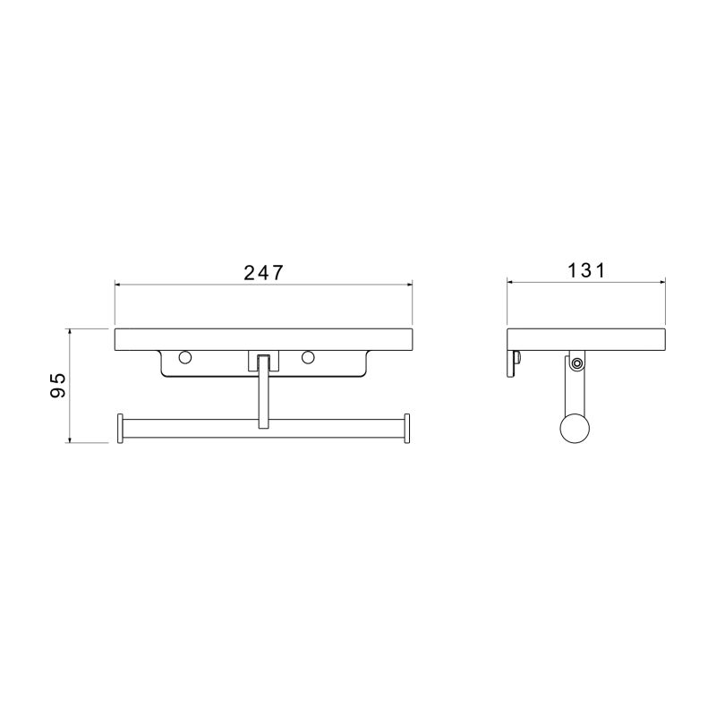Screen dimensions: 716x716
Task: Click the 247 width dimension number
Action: [263, 273]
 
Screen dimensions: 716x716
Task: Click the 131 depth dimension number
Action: [586, 270]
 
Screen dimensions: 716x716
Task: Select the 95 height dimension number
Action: [58, 385]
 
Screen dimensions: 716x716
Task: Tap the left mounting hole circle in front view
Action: [185, 357]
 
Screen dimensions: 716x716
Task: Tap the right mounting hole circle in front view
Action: [308, 357]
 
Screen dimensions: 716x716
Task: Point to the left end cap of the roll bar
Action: [121, 429]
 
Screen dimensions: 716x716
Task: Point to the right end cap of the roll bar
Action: [406, 429]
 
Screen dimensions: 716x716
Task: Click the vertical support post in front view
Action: [263, 392]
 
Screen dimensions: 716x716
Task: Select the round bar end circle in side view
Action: [575, 429]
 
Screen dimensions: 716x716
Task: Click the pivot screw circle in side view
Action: [577, 363]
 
